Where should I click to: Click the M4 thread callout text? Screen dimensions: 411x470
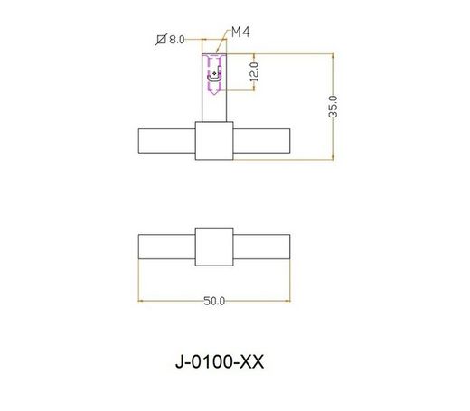point(240,33)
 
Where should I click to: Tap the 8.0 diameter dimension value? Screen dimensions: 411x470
point(176,40)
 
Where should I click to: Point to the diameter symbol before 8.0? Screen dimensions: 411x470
point(161,40)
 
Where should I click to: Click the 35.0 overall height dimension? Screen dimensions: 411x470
point(334,106)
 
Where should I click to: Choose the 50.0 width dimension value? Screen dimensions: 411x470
point(214,301)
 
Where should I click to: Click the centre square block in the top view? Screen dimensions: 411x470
point(214,142)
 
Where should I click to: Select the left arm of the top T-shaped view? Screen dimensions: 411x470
point(166,142)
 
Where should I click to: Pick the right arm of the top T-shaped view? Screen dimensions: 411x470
point(262,142)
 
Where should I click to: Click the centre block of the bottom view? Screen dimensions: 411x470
point(214,246)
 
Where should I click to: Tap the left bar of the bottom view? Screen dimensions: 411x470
point(166,246)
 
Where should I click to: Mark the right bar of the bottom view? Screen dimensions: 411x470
point(262,246)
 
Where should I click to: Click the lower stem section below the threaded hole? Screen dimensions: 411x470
point(214,110)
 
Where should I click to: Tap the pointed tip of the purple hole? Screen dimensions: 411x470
point(214,99)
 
